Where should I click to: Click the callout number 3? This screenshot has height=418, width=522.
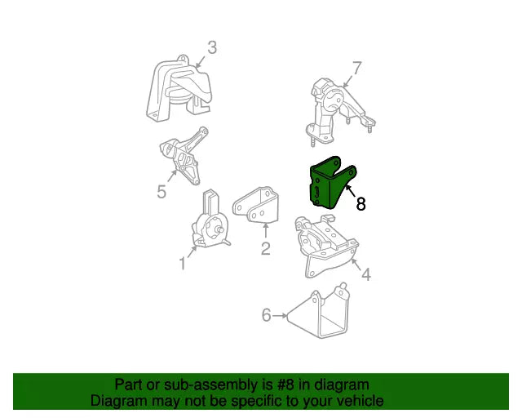pos(212,47)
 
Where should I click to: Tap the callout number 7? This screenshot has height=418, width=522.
pos(356,69)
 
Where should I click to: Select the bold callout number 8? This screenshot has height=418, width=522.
pos(361,204)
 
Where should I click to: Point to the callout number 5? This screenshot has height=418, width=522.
pos(161,192)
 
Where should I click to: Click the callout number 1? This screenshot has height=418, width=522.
pos(183,263)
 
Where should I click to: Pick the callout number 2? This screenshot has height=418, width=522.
pos(265,248)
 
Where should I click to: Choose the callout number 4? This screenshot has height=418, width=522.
pos(366,274)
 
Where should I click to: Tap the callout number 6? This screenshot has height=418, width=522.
pos(267,315)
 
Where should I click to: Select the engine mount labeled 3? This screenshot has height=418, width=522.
pos(179,89)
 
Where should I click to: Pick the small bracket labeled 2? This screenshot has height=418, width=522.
pos(257,205)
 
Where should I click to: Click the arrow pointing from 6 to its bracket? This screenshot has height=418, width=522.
pos(280,315)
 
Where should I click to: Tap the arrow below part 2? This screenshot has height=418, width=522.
pos(265,231)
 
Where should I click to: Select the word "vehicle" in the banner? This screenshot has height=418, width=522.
pos(362,401)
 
